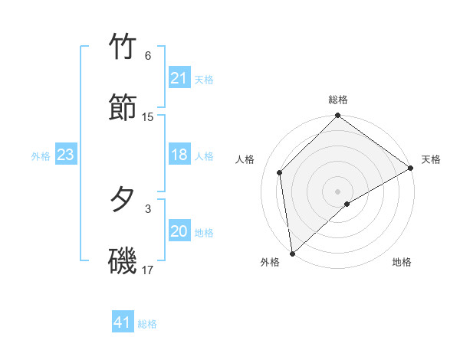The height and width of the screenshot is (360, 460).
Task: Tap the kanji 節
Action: [x=123, y=107]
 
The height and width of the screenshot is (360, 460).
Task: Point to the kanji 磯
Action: [x=123, y=260]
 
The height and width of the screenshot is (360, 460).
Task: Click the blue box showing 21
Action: [x=179, y=78]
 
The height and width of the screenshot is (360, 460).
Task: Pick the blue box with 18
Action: [x=179, y=155]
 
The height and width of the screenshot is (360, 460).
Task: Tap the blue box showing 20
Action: [x=179, y=231]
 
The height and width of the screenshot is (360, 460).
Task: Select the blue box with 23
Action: [x=65, y=155]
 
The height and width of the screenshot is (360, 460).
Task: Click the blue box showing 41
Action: [x=122, y=322]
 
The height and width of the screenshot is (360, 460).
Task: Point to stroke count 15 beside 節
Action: [x=148, y=117]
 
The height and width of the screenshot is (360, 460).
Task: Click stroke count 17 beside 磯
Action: [x=148, y=270]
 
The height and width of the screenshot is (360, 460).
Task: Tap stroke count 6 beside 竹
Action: [x=148, y=56]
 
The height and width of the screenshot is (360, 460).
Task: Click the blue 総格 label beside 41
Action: [x=147, y=324]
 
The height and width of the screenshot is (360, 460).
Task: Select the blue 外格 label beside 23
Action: [x=41, y=156]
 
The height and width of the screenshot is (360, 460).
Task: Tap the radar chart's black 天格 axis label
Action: [x=431, y=159]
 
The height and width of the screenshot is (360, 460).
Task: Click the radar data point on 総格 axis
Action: [x=337, y=116]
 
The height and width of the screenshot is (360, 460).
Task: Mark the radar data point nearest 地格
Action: [x=347, y=204]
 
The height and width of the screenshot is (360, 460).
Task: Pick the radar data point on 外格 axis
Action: [x=292, y=253]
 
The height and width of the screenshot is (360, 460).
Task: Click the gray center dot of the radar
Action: [x=337, y=191]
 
